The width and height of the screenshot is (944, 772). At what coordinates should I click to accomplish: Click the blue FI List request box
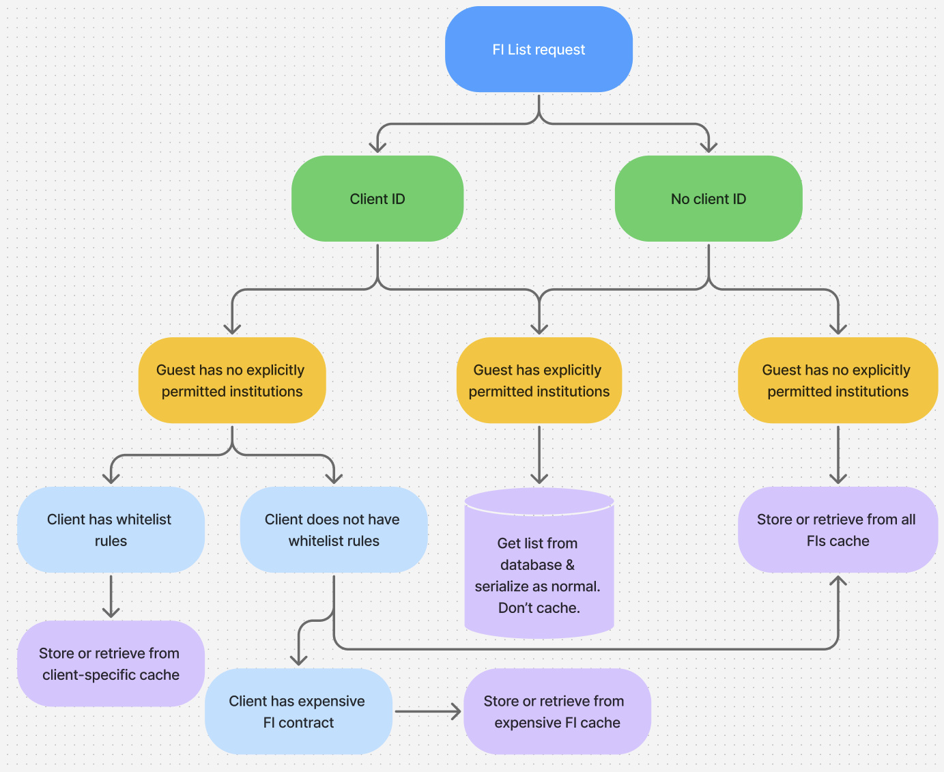[x=539, y=49]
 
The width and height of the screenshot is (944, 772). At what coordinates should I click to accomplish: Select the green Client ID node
[x=377, y=199]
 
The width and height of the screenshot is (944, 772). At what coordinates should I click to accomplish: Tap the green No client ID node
[x=709, y=199]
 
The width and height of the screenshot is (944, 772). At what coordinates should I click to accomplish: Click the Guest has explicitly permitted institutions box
[x=539, y=380]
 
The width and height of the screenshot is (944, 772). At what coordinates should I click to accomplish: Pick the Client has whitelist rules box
[x=111, y=530]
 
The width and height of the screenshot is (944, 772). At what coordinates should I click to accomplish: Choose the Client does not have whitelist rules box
[x=334, y=530]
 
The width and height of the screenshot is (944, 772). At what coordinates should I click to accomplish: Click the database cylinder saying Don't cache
[x=539, y=573]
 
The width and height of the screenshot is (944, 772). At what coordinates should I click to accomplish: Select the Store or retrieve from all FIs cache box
[x=838, y=530]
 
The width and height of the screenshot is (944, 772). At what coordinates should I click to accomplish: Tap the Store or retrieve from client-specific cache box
[x=111, y=663]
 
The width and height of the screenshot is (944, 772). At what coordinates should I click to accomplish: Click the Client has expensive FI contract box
[x=298, y=711]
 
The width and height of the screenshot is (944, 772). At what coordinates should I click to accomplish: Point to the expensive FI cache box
[x=557, y=711]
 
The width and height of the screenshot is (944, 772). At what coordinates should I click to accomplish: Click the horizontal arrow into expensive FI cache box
[x=428, y=711]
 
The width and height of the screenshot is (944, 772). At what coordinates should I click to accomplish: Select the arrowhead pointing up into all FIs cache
[x=838, y=582]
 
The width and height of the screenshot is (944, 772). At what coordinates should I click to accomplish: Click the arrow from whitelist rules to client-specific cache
[x=111, y=597]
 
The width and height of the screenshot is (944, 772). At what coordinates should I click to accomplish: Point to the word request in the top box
[x=562, y=50]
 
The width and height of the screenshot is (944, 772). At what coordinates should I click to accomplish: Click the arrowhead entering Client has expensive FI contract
[x=298, y=659]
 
